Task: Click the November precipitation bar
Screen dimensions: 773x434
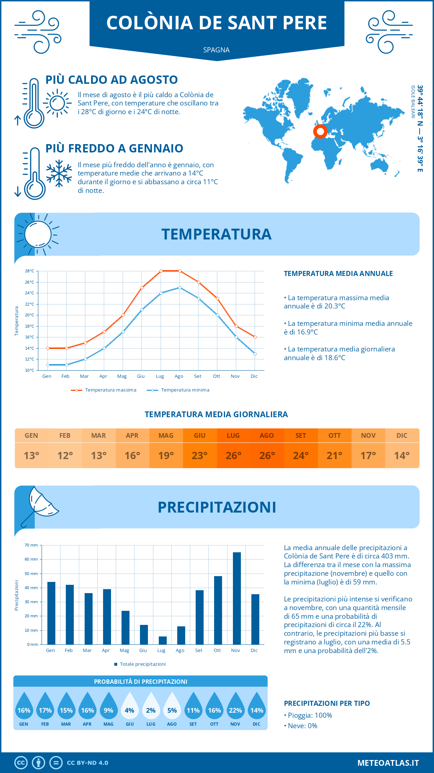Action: (x=237, y=598)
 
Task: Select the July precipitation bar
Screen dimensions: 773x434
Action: (x=163, y=640)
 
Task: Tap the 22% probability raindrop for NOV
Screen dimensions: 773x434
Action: (x=235, y=708)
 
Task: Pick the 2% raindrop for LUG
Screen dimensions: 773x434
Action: (x=151, y=708)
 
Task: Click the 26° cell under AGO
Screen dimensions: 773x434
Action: (x=267, y=455)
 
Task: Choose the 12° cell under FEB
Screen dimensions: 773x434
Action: (x=65, y=455)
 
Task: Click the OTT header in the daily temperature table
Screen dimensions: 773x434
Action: (x=335, y=436)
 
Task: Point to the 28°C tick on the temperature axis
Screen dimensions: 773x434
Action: (x=30, y=271)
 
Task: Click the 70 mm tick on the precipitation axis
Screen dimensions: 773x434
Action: (x=31, y=545)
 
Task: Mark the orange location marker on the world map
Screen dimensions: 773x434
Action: (x=320, y=131)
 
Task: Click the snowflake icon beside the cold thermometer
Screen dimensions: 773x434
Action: (x=59, y=173)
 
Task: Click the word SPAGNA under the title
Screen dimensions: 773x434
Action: (x=216, y=50)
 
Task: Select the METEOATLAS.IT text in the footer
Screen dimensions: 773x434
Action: (x=388, y=763)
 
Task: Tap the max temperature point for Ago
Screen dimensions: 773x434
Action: (x=180, y=271)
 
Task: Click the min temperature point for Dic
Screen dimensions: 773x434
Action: (x=255, y=354)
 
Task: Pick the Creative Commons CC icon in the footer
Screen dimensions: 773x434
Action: (x=21, y=763)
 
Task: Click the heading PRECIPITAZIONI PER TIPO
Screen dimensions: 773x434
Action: (x=327, y=703)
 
